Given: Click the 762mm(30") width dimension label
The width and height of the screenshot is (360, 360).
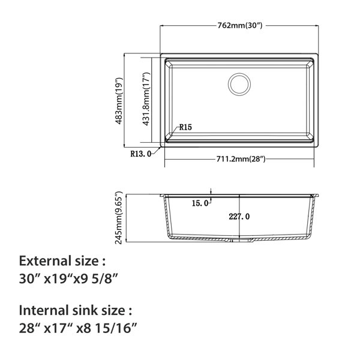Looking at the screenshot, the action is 239,25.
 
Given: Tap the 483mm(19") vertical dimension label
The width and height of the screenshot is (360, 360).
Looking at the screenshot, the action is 119,101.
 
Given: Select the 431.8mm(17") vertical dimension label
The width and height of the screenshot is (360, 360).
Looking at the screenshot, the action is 146,99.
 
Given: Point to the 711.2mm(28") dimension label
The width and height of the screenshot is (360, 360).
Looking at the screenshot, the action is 241,159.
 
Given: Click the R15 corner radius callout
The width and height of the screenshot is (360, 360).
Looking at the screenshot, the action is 185,127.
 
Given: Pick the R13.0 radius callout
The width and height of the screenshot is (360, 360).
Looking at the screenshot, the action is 141,154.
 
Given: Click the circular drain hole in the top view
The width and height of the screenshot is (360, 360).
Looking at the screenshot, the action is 239,84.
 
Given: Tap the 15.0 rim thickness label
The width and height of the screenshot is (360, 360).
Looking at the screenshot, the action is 200,203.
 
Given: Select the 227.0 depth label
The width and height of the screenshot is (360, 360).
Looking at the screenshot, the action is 239,217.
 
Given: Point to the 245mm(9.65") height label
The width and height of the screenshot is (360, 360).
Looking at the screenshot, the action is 119,218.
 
